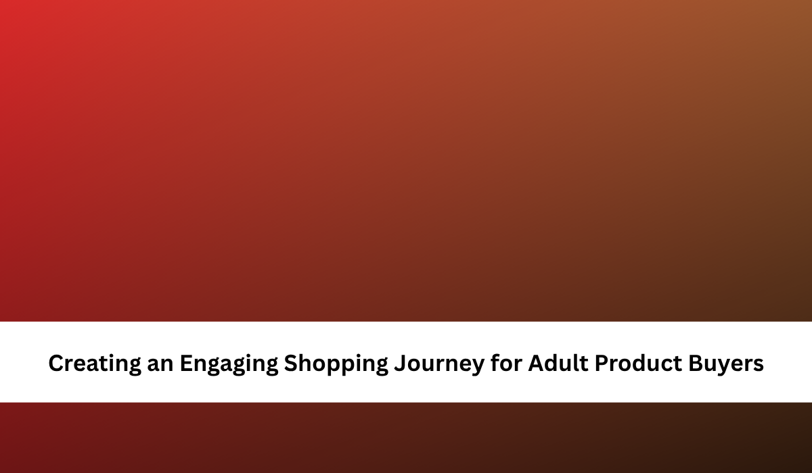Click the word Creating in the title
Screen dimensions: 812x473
[95, 364]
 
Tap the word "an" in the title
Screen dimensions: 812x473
[160, 366]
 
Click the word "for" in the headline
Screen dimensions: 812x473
[506, 363]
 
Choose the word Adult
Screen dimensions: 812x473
[558, 363]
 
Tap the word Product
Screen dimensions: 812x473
[638, 363]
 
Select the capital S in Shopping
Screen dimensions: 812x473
[292, 363]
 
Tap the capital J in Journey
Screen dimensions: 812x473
[401, 364]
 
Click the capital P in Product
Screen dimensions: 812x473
[602, 363]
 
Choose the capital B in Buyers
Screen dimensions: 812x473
[696, 363]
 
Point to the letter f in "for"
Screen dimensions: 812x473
[495, 363]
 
